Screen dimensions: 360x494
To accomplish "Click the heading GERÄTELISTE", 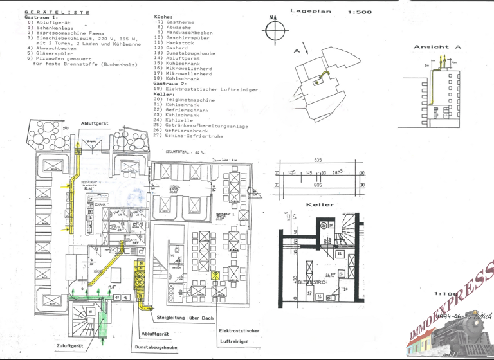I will pyautogui.click(x=57, y=12).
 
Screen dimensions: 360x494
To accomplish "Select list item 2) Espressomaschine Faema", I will pyautogui.click(x=65, y=32).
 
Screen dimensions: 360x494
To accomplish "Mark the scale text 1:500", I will pyautogui.click(x=359, y=12).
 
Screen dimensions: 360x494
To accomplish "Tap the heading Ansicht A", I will pyautogui.click(x=437, y=47).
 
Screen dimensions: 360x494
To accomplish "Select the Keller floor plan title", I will pyautogui.click(x=320, y=204).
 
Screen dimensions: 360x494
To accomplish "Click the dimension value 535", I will pyautogui.click(x=318, y=159).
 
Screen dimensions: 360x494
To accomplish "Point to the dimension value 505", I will pyautogui.click(x=318, y=184).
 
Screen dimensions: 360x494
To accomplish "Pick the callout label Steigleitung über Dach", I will pyautogui.click(x=185, y=318).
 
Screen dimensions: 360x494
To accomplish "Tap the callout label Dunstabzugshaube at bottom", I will pyautogui.click(x=156, y=346).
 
